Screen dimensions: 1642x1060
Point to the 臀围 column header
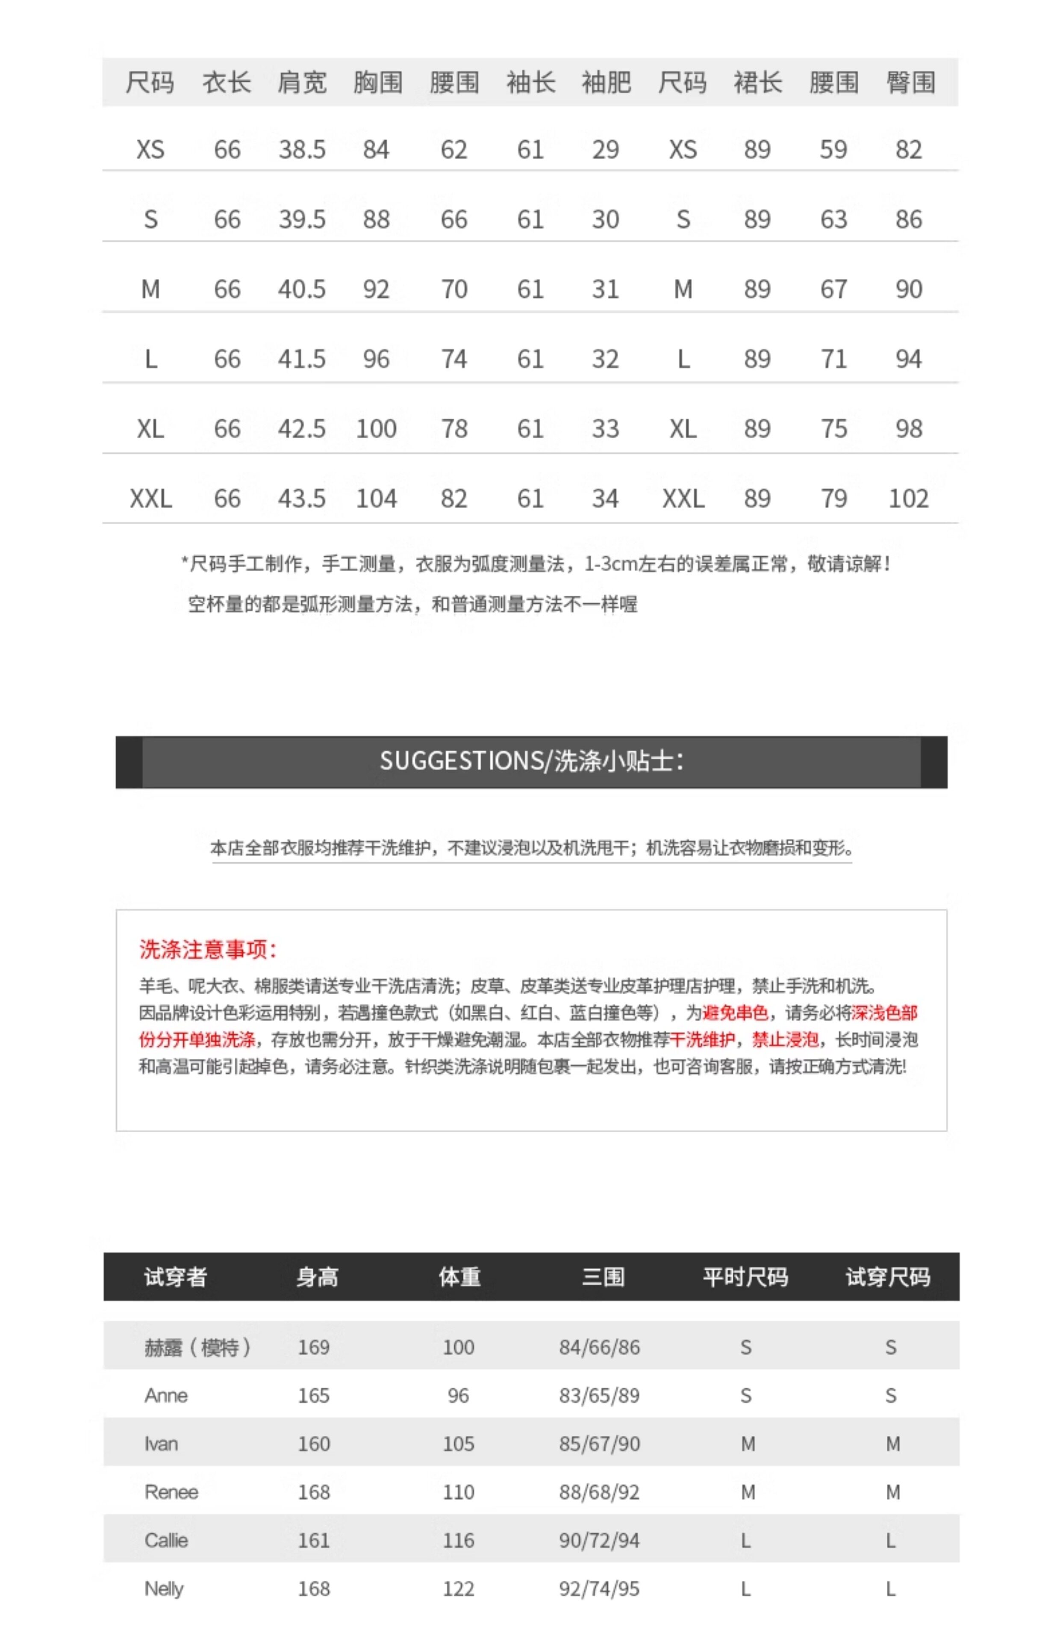pos(910,83)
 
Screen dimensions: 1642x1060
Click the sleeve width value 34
pos(605,499)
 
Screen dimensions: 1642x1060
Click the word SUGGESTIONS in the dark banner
pos(461,761)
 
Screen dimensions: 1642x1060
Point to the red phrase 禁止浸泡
pos(785,1039)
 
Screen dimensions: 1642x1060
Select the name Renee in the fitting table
pos(171,1492)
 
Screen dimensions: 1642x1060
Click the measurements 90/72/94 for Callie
pos(599,1540)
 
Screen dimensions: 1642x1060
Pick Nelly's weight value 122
pos(459,1588)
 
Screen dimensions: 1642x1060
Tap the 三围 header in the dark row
pos(603,1277)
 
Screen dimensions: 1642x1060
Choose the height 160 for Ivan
pos(314,1444)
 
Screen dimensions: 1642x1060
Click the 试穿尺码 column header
pos(888,1277)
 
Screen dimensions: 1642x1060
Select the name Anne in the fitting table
pos(166,1396)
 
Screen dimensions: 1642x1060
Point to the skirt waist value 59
pos(833,149)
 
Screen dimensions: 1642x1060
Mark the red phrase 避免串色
pos(735,1013)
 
